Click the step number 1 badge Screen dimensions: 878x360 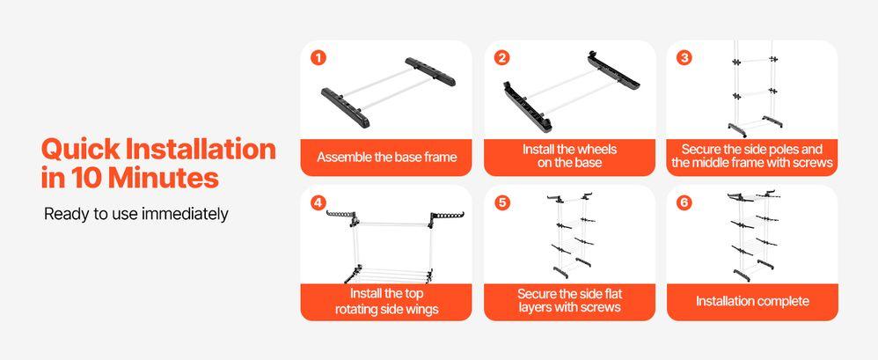[318, 58]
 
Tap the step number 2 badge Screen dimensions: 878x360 [502, 58]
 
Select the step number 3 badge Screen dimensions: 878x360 [684, 58]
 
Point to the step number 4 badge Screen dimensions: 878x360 [318, 202]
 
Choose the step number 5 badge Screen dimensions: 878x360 [502, 202]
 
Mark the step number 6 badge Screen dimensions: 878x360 [684, 202]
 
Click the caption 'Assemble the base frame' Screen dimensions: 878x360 [387, 158]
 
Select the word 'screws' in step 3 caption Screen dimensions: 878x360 [812, 163]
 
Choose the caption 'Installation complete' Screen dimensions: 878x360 [752, 301]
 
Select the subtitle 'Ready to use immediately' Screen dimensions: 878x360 [136, 215]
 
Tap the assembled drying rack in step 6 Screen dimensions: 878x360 [752, 236]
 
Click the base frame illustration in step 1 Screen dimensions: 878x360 [387, 90]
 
